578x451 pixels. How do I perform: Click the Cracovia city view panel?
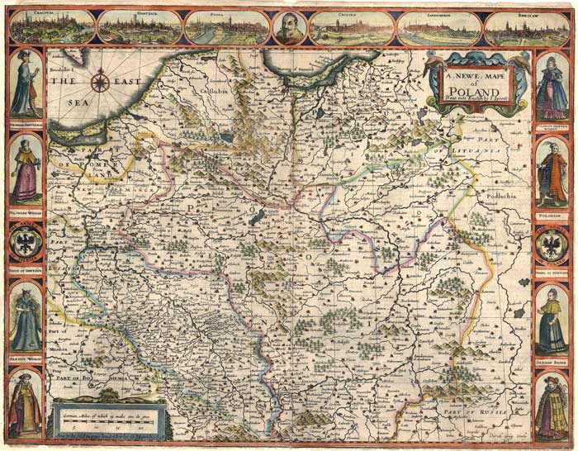(x=52, y=27)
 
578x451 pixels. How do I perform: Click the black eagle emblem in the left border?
(x=25, y=244)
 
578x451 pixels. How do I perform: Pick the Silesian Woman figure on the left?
(x=25, y=319)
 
